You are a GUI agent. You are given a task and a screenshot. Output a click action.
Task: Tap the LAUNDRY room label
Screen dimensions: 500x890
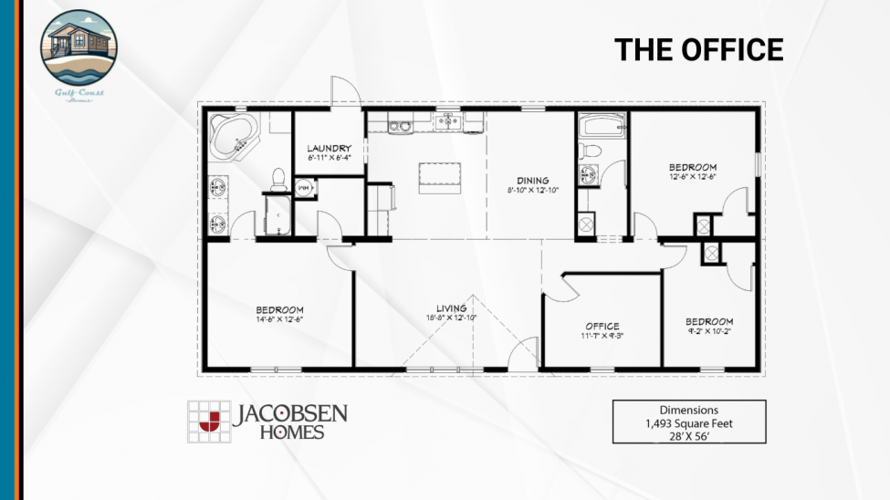[330, 148]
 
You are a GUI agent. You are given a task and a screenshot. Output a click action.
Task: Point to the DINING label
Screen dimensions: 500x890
[532, 180]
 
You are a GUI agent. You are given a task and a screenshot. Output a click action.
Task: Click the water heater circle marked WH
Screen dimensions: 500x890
[305, 189]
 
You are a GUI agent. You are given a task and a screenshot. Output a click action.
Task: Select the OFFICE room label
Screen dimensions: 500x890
[602, 326]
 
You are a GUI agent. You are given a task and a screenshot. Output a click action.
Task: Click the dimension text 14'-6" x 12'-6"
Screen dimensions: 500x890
[279, 319]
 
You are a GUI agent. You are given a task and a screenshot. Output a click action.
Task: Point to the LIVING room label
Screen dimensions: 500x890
[451, 307]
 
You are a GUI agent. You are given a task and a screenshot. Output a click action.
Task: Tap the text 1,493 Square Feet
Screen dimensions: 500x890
[688, 423]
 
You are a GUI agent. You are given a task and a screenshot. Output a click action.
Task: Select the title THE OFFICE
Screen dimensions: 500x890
[698, 49]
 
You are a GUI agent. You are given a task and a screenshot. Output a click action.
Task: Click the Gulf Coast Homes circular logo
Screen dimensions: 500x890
[79, 47]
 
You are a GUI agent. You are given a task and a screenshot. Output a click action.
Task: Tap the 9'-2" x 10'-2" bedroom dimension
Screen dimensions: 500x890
[709, 332]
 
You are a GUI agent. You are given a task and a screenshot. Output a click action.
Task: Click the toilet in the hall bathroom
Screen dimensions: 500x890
[591, 151]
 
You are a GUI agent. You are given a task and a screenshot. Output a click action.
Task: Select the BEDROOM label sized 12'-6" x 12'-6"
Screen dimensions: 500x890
[692, 167]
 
